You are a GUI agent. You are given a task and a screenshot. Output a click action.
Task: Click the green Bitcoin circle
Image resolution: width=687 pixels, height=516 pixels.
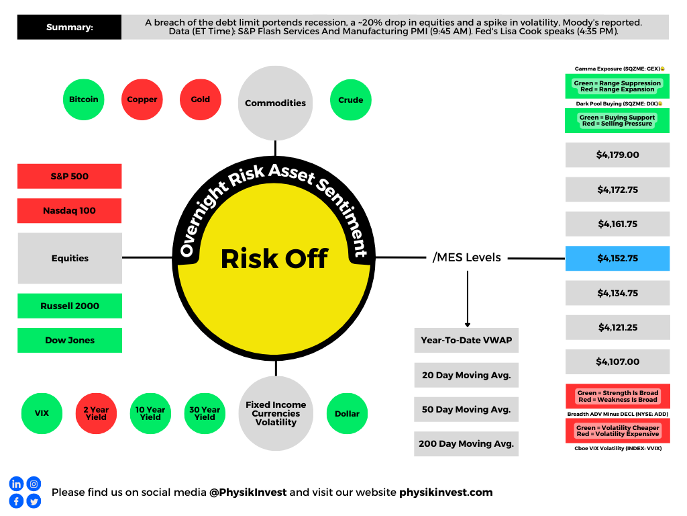click(84, 99)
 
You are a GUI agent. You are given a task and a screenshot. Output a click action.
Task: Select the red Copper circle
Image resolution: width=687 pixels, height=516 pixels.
click(142, 99)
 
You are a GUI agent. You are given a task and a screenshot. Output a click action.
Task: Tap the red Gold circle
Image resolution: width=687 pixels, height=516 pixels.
click(201, 99)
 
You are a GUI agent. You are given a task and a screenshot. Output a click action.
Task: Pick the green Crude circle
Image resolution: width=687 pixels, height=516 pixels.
click(351, 100)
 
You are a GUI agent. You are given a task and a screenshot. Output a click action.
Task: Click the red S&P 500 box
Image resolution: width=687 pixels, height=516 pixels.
click(70, 176)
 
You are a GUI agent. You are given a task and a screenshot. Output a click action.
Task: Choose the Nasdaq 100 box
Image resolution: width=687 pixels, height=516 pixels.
click(70, 210)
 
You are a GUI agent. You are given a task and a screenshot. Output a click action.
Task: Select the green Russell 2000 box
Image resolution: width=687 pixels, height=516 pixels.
click(70, 306)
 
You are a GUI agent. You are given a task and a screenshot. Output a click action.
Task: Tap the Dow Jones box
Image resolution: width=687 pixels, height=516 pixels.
click(70, 340)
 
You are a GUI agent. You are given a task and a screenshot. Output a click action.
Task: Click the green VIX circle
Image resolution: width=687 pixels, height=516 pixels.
click(42, 414)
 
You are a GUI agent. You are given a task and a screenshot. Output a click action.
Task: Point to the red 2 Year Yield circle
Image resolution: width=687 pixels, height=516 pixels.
click(96, 414)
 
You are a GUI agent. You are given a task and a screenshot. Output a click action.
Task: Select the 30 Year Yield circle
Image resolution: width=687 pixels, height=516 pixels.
click(205, 414)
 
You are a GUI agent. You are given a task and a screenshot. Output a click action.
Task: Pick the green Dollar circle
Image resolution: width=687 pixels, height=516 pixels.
click(348, 414)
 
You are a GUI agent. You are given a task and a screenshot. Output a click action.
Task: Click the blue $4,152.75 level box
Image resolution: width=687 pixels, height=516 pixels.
click(617, 258)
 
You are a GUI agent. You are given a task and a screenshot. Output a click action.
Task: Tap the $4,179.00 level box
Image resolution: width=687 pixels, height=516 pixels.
click(617, 155)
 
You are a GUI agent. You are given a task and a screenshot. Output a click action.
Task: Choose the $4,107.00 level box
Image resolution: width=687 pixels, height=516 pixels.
click(617, 361)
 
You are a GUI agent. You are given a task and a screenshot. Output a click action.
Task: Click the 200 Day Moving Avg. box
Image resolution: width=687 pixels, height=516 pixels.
click(466, 443)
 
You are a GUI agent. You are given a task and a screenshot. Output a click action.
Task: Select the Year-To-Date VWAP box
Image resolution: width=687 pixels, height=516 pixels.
click(466, 340)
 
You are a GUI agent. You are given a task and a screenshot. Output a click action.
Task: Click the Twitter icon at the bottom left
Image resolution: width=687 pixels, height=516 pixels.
click(34, 501)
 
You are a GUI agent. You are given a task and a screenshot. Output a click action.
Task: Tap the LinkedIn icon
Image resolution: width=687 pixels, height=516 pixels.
click(16, 484)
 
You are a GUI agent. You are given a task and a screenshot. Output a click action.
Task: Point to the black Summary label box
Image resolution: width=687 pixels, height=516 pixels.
click(70, 28)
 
